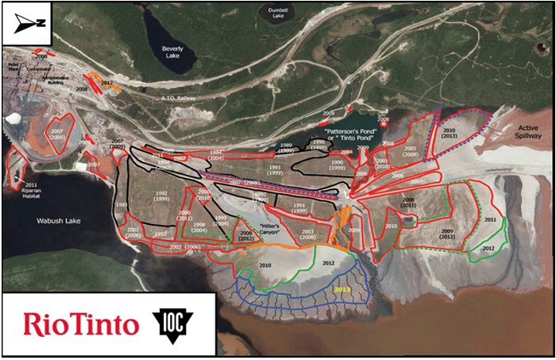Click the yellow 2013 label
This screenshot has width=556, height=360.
(342, 290)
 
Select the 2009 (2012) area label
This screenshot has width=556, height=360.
(441, 233)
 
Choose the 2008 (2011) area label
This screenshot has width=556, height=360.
(409, 202)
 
